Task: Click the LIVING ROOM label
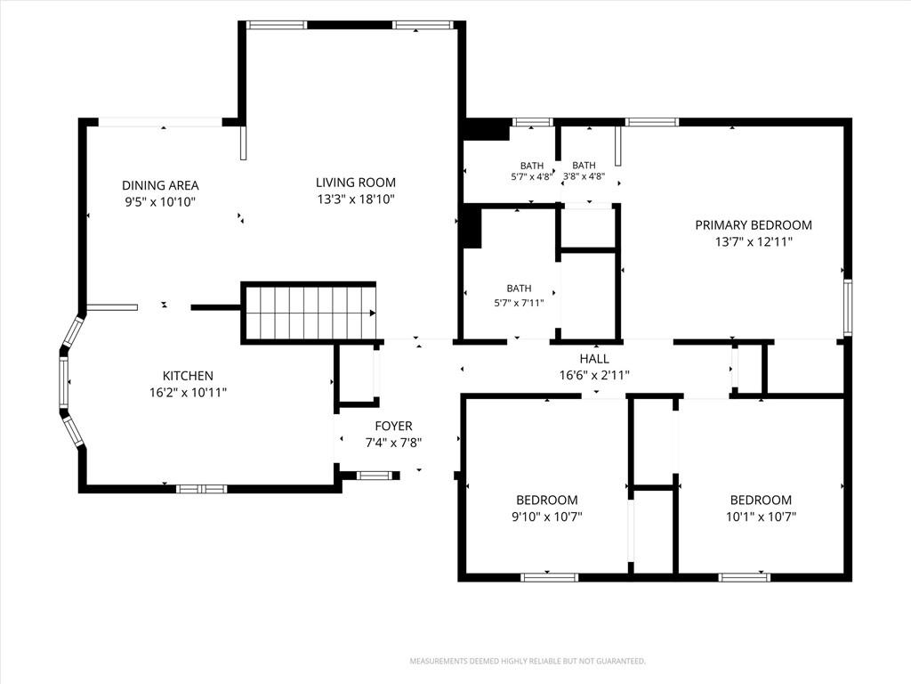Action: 356,183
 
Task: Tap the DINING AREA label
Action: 160,185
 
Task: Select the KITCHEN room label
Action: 188,376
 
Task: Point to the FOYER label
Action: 393,426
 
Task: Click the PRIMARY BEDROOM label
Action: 754,225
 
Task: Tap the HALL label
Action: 593,359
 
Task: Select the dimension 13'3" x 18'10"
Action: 356,199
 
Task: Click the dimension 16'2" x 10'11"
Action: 188,393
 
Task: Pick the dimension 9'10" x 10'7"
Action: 547,517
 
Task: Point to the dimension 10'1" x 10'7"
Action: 761,517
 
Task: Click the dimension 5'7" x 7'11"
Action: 519,303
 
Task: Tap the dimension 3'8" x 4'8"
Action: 584,177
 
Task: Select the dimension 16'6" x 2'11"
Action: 593,376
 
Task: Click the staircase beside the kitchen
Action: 309,313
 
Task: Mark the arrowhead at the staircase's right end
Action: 373,313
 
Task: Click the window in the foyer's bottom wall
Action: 375,476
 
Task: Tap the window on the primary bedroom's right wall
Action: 848,307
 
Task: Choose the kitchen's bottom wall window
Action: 201,489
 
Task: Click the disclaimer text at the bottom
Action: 528,662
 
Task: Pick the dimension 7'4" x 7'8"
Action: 393,443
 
